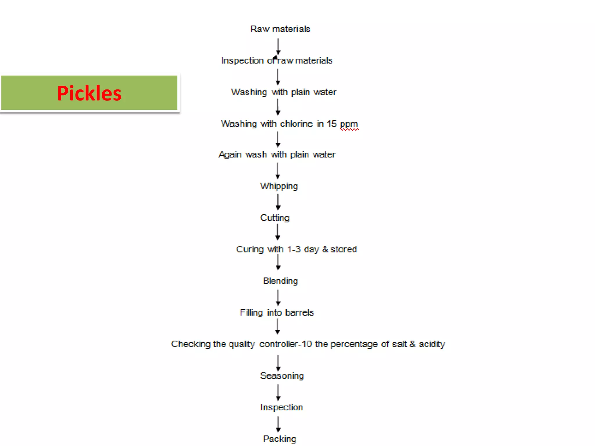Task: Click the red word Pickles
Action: coord(89,93)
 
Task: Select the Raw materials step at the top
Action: coord(280,29)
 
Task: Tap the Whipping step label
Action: coord(279,186)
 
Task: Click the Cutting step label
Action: coord(275,218)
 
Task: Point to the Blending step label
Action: coord(280,281)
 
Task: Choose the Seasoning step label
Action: coord(282,376)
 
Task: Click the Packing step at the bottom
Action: coord(279,439)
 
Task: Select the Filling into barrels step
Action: coord(277,312)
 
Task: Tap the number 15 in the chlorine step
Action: coord(331,124)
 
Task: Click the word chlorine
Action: coord(296,124)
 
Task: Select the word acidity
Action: coord(432,344)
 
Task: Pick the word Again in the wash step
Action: coord(230,155)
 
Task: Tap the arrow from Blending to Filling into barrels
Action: coord(278,298)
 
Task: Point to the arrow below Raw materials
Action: coord(278,47)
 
